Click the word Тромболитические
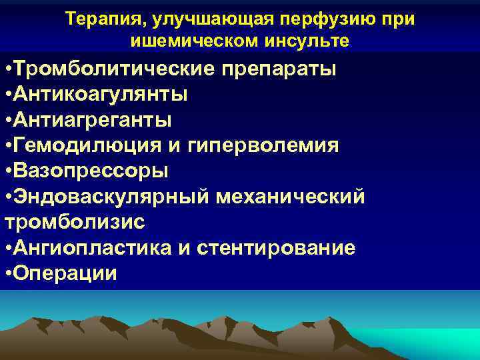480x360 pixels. [x=118, y=69]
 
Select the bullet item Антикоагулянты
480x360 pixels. [x=100, y=95]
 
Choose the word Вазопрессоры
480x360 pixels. [x=91, y=171]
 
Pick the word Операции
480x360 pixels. [x=65, y=273]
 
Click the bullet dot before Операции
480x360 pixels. [x=7, y=274]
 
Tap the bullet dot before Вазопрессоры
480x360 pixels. [x=7, y=171]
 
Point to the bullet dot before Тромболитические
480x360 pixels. [x=7, y=70]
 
